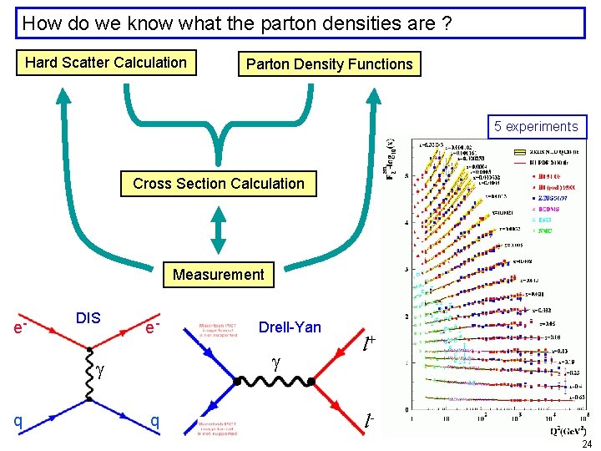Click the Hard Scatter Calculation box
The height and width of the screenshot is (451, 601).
tap(106, 63)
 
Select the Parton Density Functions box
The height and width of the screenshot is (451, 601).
tap(329, 64)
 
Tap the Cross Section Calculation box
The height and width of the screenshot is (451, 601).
tap(219, 184)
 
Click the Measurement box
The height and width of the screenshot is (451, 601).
tap(218, 274)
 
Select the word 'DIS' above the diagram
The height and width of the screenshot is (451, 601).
tap(88, 317)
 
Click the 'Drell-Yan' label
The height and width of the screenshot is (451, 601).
tap(290, 327)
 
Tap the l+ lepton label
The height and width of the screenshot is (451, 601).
tap(368, 342)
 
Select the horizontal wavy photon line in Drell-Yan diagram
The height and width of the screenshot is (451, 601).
tap(275, 383)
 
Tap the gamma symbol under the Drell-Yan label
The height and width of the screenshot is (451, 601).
tap(275, 362)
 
